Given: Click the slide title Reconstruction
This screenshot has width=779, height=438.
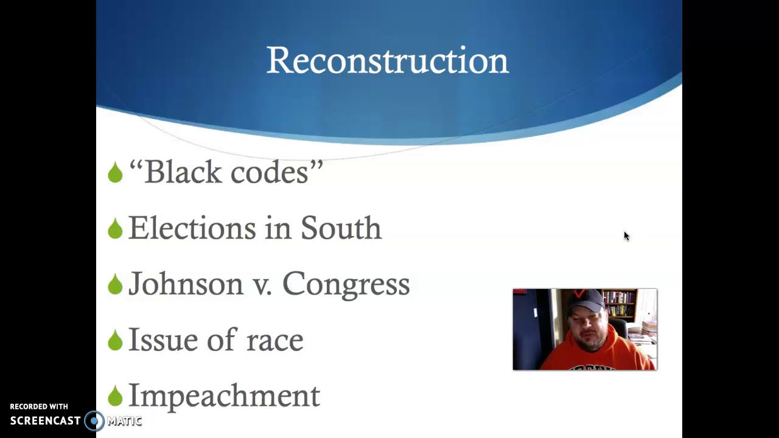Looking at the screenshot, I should [387, 61].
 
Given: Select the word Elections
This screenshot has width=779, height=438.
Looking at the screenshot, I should [192, 228].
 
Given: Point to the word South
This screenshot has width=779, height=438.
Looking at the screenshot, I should [341, 228].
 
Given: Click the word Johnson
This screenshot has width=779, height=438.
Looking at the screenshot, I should [186, 284].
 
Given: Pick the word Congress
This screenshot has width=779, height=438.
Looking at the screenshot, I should [346, 285].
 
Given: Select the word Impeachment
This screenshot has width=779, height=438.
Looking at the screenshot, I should [224, 396].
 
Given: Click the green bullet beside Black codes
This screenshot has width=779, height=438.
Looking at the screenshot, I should [115, 173].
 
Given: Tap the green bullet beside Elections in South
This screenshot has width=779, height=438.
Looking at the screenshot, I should [115, 229].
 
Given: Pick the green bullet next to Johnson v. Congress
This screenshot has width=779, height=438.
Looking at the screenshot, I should [115, 285].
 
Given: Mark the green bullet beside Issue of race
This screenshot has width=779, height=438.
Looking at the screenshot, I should [115, 341].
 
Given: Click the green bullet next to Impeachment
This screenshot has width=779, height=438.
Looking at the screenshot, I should [115, 397].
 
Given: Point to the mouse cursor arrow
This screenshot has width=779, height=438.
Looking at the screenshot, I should [626, 236].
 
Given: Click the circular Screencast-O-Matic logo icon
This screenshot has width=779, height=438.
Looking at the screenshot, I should [94, 420].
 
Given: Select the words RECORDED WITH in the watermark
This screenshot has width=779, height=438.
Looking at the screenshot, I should [39, 406].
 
